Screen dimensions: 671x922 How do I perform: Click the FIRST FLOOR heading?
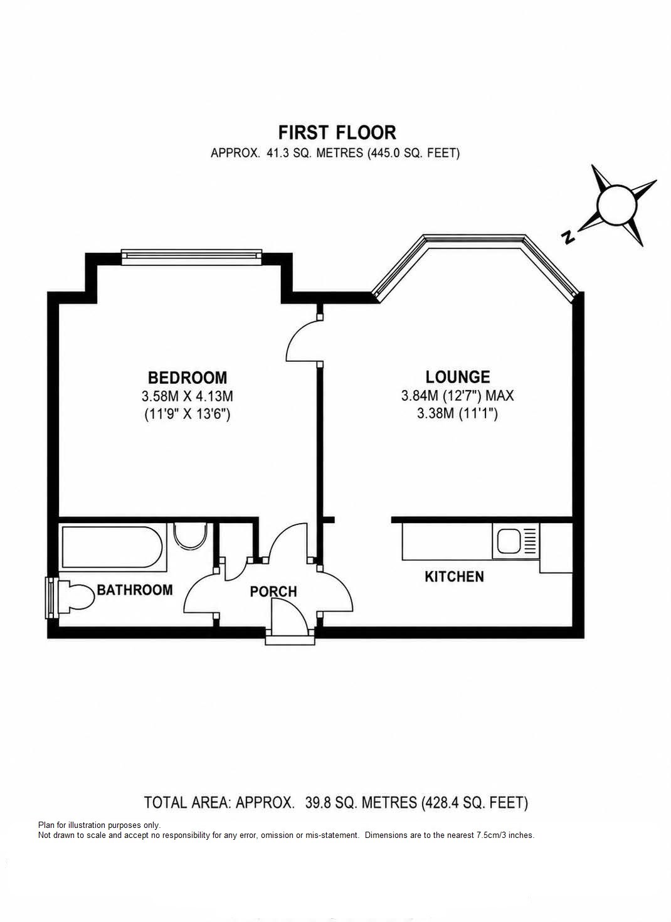coord(337,132)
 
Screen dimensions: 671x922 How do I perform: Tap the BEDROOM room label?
coord(188,378)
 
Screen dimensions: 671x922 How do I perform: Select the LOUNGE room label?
coord(458,377)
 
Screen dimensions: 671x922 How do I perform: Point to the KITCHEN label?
coord(454,576)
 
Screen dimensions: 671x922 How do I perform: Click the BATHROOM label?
coord(135,590)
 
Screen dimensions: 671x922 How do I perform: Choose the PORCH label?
coord(273,591)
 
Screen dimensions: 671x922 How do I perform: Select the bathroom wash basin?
coord(189,536)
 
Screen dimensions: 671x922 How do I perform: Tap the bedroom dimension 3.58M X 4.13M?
coord(188,396)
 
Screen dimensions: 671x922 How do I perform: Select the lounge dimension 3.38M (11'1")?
coord(457,413)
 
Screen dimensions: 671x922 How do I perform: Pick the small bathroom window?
coord(51,597)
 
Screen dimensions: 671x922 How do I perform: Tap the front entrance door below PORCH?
coord(289,617)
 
